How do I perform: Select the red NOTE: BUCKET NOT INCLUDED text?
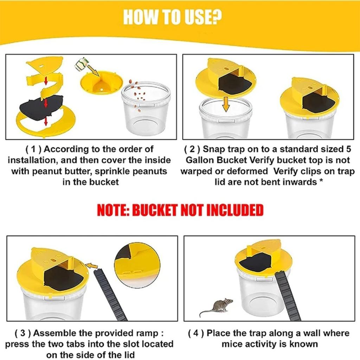tap(180, 211)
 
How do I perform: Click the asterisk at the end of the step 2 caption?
tap(321, 182)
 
